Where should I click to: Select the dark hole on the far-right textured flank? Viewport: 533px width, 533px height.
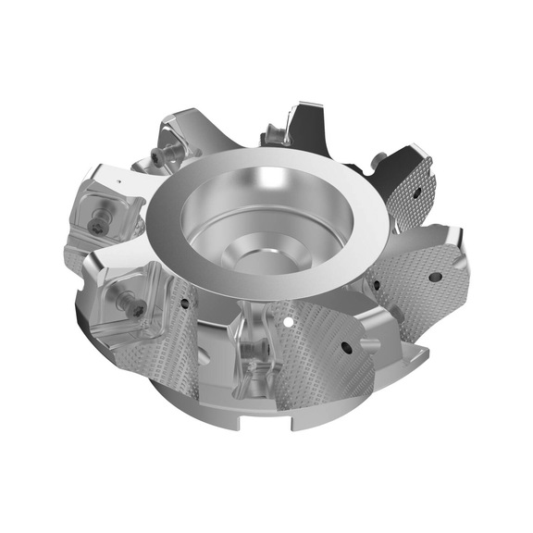(433, 276)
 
